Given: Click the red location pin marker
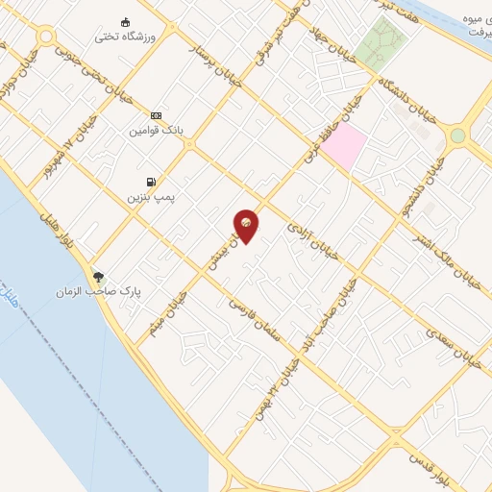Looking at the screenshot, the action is coord(247,225).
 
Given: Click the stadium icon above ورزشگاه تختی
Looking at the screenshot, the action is coord(125,22).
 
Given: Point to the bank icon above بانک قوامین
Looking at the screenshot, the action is coord(157,114).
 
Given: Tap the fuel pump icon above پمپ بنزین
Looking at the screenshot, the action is coord(150,182).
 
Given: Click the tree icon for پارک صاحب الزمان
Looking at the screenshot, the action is coord(98,276).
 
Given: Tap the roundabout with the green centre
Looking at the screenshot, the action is coord(457,135).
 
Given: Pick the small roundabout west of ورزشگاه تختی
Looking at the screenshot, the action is coord(44,37).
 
